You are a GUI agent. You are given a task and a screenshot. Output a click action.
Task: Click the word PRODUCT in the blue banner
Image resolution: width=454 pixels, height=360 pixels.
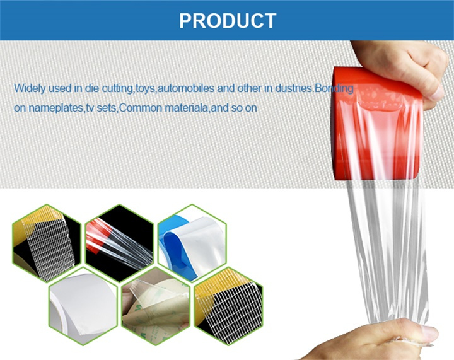[228, 21]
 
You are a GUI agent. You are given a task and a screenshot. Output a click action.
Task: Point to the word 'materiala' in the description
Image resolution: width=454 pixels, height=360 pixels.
[187, 108]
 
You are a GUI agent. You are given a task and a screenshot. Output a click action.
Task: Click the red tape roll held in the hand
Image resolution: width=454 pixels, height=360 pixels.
[376, 124]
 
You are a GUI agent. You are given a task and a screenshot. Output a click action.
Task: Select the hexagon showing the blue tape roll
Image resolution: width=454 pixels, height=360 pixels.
[192, 243]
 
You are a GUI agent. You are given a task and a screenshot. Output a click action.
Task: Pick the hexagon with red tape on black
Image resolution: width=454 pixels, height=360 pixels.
[119, 243]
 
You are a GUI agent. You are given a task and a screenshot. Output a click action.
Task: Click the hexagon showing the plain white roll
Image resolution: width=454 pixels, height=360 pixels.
[83, 306]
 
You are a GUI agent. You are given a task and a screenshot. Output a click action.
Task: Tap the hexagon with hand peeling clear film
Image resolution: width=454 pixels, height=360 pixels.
[156, 306]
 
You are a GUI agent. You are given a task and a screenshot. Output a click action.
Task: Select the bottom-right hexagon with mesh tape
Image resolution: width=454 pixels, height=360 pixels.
[228, 306]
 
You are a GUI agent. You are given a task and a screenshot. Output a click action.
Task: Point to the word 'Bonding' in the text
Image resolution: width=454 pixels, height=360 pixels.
[334, 88]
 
